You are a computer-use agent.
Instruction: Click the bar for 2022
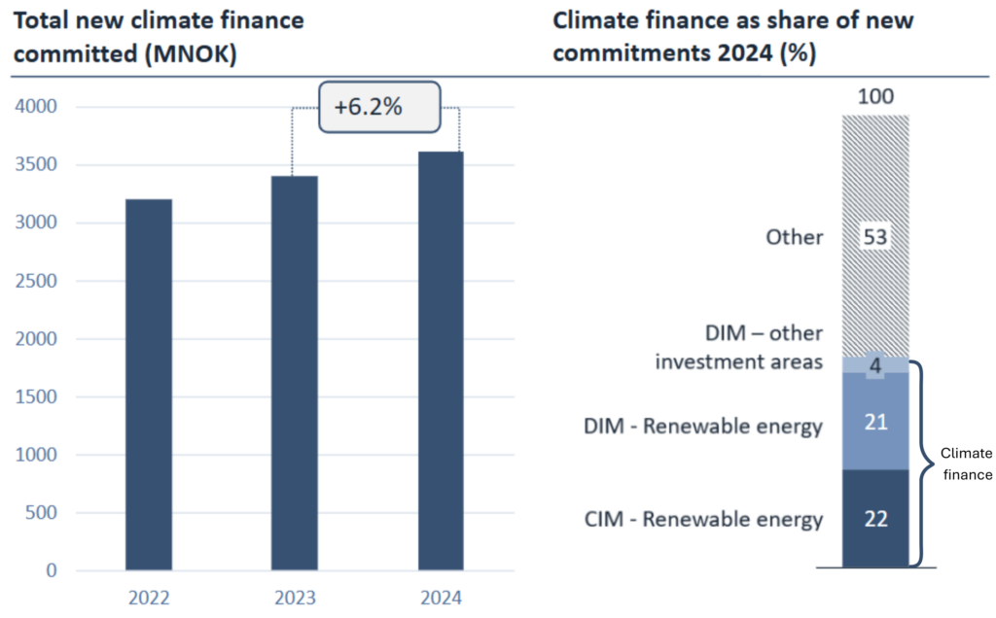149,384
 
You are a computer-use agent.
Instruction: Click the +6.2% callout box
368,107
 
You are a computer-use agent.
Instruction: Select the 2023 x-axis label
294,598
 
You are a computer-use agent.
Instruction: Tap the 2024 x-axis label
441,598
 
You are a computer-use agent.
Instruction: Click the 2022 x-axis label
149,598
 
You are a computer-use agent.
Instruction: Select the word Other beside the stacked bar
794,237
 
